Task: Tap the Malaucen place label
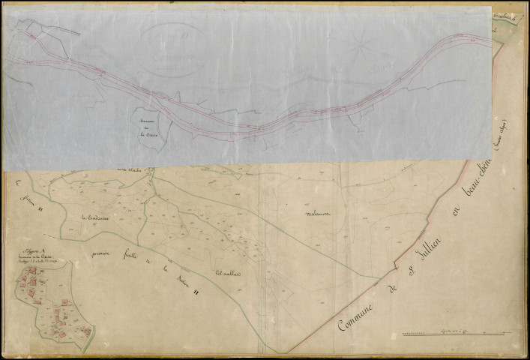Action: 319,212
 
